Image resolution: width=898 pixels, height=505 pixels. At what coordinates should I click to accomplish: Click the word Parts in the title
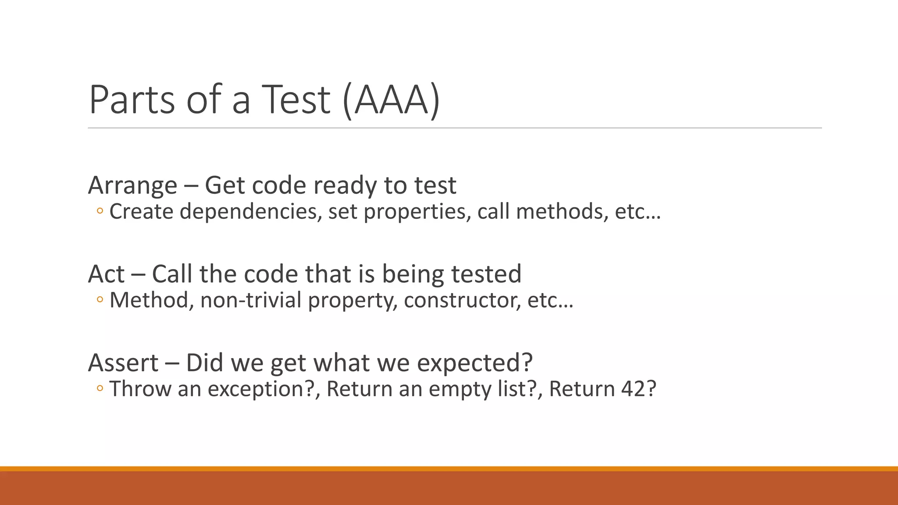[x=132, y=100]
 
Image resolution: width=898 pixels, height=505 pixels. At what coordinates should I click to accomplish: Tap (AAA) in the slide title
[x=391, y=100]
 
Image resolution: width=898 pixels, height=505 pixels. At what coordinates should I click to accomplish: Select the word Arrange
[x=132, y=185]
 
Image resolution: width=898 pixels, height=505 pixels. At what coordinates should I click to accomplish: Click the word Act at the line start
[x=106, y=274]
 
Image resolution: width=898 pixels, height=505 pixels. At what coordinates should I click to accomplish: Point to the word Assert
[x=123, y=363]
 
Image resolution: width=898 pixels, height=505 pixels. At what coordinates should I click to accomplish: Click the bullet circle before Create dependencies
[x=100, y=212]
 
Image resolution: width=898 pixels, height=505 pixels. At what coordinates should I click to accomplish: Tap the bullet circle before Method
[x=100, y=300]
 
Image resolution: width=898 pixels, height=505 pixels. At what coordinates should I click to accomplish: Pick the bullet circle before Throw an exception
[x=100, y=389]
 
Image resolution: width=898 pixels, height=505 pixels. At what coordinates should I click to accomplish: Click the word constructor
[x=463, y=300]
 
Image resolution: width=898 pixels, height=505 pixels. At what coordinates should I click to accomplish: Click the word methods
[x=562, y=212]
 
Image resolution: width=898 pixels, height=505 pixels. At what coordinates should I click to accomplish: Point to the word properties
[x=417, y=212]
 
